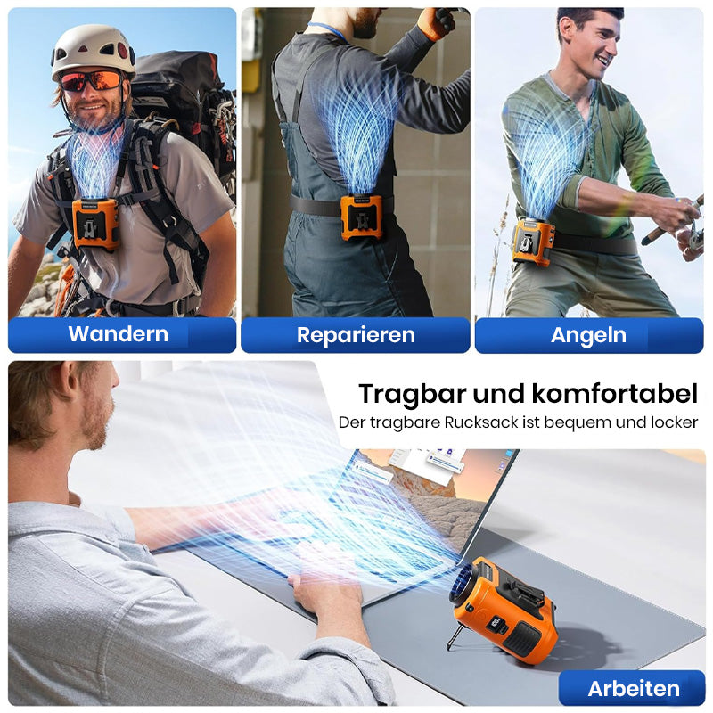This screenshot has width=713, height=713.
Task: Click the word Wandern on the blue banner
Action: [x=119, y=333]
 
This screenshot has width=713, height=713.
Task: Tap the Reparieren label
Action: [x=356, y=335]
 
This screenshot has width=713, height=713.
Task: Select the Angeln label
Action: [x=588, y=336]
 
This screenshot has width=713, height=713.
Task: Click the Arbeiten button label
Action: [x=634, y=688]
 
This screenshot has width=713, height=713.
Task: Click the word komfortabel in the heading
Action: [x=614, y=393]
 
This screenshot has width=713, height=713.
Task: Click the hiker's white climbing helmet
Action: [x=94, y=50]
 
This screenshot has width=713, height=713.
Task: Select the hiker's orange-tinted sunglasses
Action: [x=92, y=81]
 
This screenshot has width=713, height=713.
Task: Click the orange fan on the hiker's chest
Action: [x=95, y=225]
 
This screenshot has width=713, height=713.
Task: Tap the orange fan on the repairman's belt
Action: [x=363, y=217]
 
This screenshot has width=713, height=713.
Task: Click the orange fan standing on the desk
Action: [x=504, y=609]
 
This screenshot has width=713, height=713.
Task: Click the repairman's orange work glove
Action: [x=436, y=23]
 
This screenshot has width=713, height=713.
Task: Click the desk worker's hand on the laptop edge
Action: [x=326, y=595]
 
